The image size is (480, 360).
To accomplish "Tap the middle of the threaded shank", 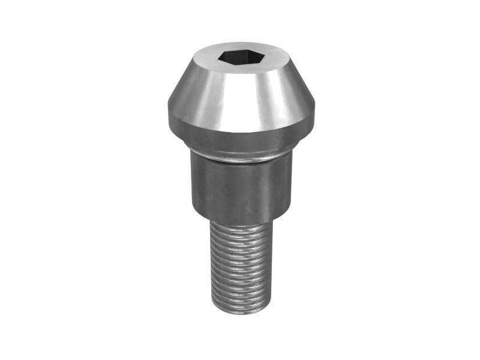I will pyautogui.click(x=240, y=267).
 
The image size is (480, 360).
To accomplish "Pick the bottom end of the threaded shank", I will pyautogui.click(x=240, y=310).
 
